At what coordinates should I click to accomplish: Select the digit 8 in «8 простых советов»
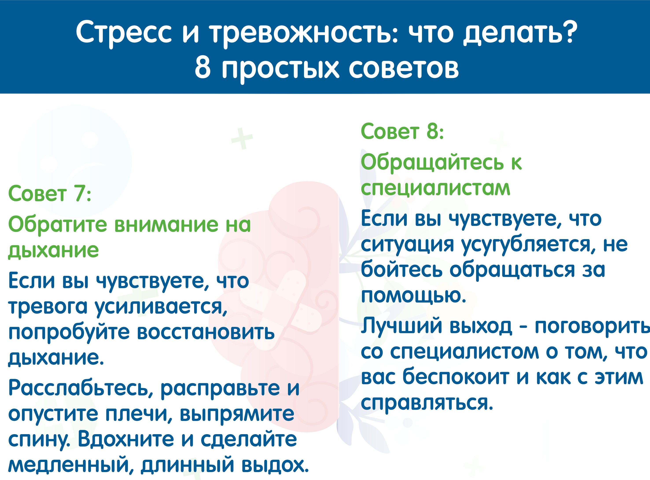pyautogui.click(x=203, y=67)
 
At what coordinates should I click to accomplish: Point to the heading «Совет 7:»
pyautogui.click(x=50, y=193)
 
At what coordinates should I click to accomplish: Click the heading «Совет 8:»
pyautogui.click(x=402, y=131)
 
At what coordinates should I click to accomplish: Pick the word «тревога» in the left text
pyautogui.click(x=48, y=307)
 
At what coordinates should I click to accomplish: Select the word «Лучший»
pyautogui.click(x=402, y=326)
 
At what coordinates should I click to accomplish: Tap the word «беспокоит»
pyautogui.click(x=456, y=377)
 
